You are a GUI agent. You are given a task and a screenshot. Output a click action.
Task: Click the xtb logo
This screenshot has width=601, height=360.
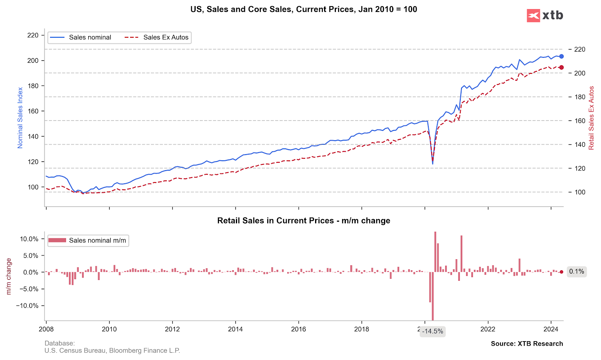coord(545,16)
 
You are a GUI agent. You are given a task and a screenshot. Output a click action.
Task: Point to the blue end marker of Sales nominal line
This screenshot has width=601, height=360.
coord(561,56)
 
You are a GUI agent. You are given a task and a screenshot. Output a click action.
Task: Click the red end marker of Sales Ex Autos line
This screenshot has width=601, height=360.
coord(561,67)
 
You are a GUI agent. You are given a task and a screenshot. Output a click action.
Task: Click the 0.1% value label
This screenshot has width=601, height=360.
coord(576,271)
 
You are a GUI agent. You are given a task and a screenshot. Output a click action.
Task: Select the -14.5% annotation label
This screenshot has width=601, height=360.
coord(433,331)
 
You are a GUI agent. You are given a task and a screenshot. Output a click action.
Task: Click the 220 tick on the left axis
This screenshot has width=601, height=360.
coord(32,35)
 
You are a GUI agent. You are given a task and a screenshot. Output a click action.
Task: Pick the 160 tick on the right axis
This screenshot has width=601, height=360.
coord(580,121)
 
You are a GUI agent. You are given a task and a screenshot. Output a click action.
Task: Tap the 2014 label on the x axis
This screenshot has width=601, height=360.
coord(235,329)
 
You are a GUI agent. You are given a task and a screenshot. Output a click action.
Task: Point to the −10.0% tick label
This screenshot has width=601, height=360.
coord(27,305)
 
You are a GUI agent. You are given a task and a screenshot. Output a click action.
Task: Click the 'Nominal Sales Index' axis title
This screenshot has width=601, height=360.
coord(20,118)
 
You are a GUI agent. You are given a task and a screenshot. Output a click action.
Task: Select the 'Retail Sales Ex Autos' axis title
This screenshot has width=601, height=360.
coord(591,118)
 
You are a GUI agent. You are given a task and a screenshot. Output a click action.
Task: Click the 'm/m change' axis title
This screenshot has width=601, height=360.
coord(9,276)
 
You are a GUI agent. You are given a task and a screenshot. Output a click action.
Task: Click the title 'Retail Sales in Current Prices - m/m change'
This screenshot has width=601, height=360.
coord(304,221)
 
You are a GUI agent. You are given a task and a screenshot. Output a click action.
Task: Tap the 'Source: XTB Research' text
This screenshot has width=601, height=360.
coord(527,344)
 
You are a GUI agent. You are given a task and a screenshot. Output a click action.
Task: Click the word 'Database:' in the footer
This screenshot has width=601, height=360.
coord(60,343)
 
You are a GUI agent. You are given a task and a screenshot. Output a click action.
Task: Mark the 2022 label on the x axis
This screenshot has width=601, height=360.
coord(488,329)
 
